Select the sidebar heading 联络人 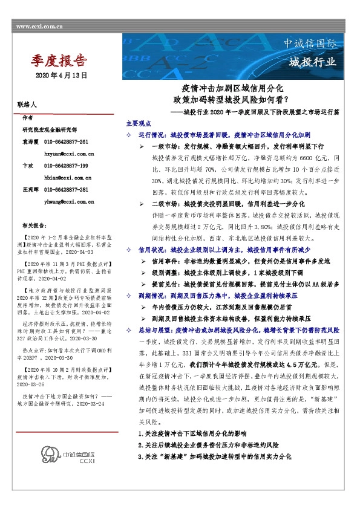pos(28,105)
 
